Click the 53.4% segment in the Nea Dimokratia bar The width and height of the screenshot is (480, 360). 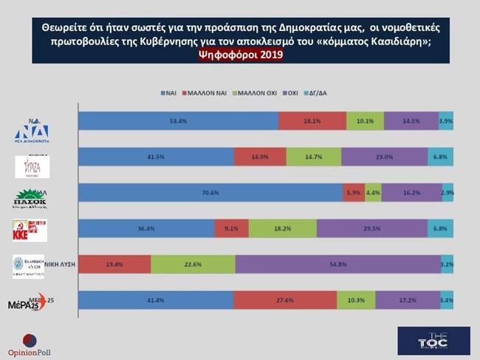(x=178, y=121)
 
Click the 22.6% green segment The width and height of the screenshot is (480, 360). (x=193, y=264)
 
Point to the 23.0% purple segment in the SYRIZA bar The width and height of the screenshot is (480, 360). (x=384, y=157)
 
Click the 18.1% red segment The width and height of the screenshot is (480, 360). (x=312, y=121)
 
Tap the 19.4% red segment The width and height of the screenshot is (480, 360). (x=114, y=264)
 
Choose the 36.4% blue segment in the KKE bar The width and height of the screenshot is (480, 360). (x=146, y=228)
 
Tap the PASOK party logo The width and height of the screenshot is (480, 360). (x=31, y=200)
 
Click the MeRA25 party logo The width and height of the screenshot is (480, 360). (x=27, y=304)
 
